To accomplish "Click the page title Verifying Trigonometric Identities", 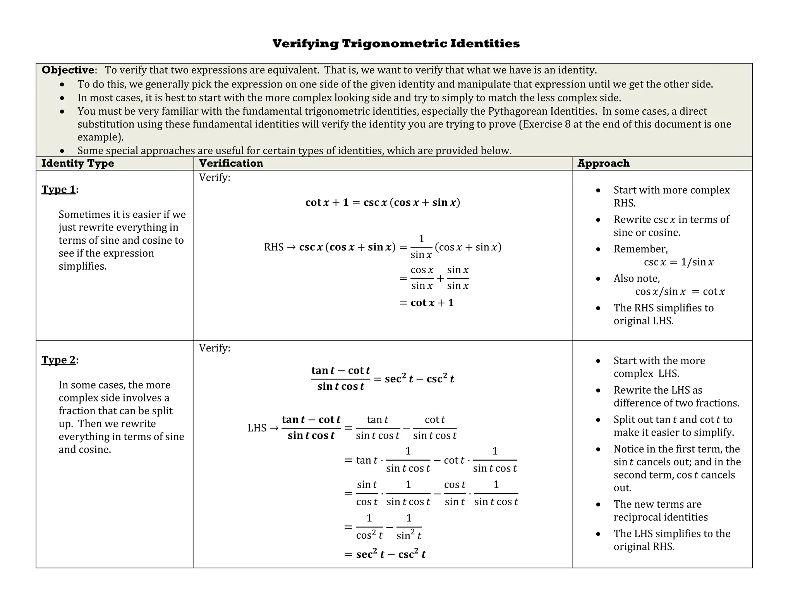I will pyautogui.click(x=396, y=43).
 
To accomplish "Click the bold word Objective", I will pyautogui.click(x=68, y=70).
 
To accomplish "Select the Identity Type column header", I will pyautogui.click(x=78, y=163).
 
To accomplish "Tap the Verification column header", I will pyautogui.click(x=231, y=163).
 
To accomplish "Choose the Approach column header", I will pyautogui.click(x=603, y=163).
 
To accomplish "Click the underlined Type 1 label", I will pyautogui.click(x=59, y=189).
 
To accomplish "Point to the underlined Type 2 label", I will pyautogui.click(x=59, y=360).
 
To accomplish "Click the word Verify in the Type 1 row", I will pyautogui.click(x=214, y=177).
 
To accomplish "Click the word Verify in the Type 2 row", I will pyautogui.click(x=214, y=348).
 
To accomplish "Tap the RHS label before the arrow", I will pyautogui.click(x=274, y=247).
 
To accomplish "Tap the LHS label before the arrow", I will pyautogui.click(x=257, y=428).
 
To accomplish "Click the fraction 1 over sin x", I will pyautogui.click(x=421, y=247).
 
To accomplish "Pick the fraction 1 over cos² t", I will pyautogui.click(x=369, y=527).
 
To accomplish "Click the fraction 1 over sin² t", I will pyautogui.click(x=409, y=527).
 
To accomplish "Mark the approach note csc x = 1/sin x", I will pyautogui.click(x=678, y=262).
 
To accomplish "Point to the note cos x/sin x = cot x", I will pyautogui.click(x=680, y=292).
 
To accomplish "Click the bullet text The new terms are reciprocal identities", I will pyautogui.click(x=660, y=511).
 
